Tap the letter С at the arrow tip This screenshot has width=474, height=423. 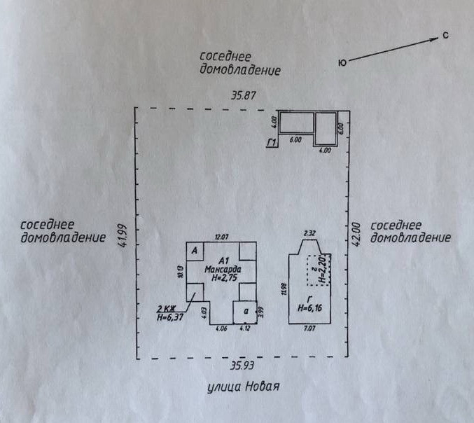445,36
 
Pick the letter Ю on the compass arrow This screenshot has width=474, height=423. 343,63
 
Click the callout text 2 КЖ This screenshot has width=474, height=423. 167,309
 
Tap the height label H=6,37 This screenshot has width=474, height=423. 170,318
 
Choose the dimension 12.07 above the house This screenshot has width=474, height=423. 222,237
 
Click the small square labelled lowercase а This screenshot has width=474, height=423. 245,310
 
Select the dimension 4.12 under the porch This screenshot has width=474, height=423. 245,328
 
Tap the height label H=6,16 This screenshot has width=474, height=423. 309,307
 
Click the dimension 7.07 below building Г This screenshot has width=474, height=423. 309,327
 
